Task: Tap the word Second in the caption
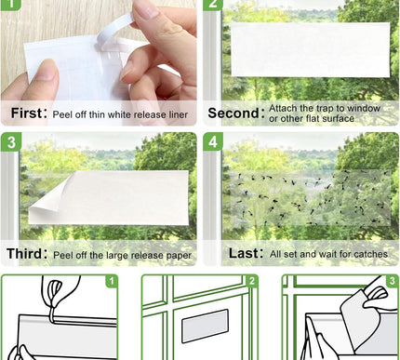(x=233, y=113)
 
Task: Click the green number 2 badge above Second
(x=212, y=6)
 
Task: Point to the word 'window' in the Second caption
(x=367, y=108)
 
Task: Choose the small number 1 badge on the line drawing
(x=111, y=279)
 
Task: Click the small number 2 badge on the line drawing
(x=251, y=279)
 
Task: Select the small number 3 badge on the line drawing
(x=392, y=279)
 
